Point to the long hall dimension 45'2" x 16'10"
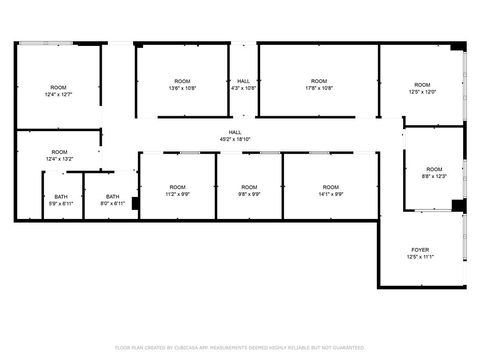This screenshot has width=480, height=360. [x=235, y=139]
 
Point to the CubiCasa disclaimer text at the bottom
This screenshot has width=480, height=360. [x=240, y=347]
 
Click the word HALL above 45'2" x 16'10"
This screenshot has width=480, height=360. [x=235, y=132]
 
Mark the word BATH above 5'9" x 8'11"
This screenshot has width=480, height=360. [x=61, y=196]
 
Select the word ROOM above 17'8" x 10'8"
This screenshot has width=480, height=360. [x=318, y=81]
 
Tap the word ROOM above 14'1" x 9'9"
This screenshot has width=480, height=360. [x=330, y=187]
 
